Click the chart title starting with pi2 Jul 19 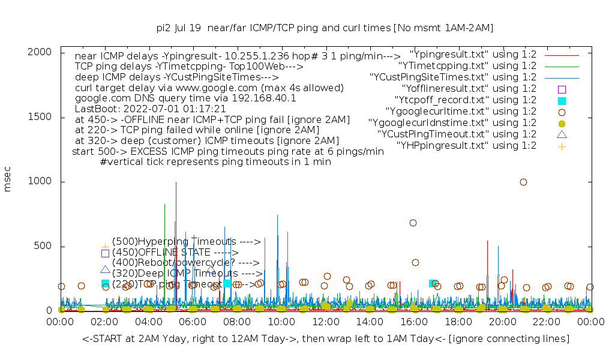325,28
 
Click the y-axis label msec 8,181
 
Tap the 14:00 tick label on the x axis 370,322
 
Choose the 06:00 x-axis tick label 193,322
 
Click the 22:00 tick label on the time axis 547,322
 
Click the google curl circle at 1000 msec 523,182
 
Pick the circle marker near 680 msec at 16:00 413,223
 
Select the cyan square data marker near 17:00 433,283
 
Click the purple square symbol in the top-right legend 562,89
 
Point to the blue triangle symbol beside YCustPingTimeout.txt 562,134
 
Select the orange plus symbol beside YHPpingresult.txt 562,146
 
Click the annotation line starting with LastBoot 151,109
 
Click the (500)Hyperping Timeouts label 187,241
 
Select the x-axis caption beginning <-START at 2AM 326,339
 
